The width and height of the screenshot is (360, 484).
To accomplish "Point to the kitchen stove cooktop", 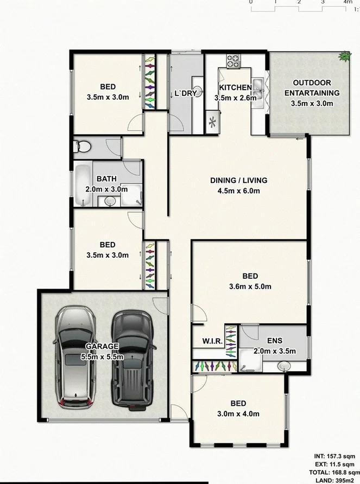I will pyautogui.click(x=234, y=61).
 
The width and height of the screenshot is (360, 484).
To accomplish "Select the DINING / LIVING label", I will pyautogui.click(x=238, y=180).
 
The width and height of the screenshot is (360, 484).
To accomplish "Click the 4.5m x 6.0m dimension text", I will pyautogui.click(x=238, y=190).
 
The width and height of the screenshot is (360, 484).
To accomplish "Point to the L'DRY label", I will pyautogui.click(x=185, y=93).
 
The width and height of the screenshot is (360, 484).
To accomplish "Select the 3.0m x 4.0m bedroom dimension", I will pyautogui.click(x=238, y=413).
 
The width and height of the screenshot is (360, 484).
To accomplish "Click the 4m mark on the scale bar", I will pyautogui.click(x=348, y=3).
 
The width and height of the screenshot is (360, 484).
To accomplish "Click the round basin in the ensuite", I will pyautogui.click(x=285, y=366).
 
